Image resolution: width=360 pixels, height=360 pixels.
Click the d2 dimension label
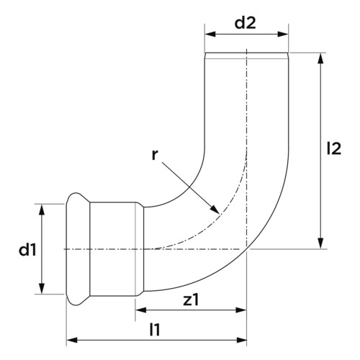coord(245,23)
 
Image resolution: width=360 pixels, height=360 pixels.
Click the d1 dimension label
coord(28,250)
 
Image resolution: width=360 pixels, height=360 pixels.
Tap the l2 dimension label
coord(334,148)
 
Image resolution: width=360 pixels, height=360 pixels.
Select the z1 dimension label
coord(191,300)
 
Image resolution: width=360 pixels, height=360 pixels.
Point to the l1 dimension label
coord(155,330)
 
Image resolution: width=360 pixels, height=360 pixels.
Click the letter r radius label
coord(155,155)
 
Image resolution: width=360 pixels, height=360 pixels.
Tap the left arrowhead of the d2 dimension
coord(210,34)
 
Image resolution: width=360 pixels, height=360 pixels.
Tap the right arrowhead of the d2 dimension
coord(283,34)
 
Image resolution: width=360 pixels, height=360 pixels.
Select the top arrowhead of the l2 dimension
coord(320,58)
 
